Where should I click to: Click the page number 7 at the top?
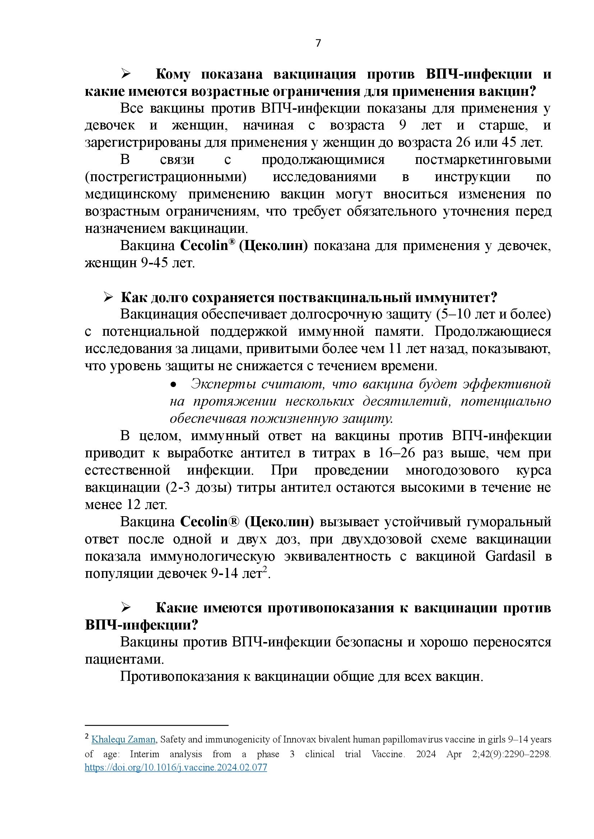tap(318, 43)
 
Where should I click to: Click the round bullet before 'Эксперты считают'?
tap(174, 385)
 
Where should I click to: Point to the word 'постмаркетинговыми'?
tap(483, 160)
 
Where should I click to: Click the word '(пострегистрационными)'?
tap(166, 177)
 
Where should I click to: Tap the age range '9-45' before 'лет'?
tap(154, 263)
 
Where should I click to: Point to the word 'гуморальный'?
tap(509, 522)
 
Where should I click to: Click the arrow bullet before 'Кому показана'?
tap(126, 74)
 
